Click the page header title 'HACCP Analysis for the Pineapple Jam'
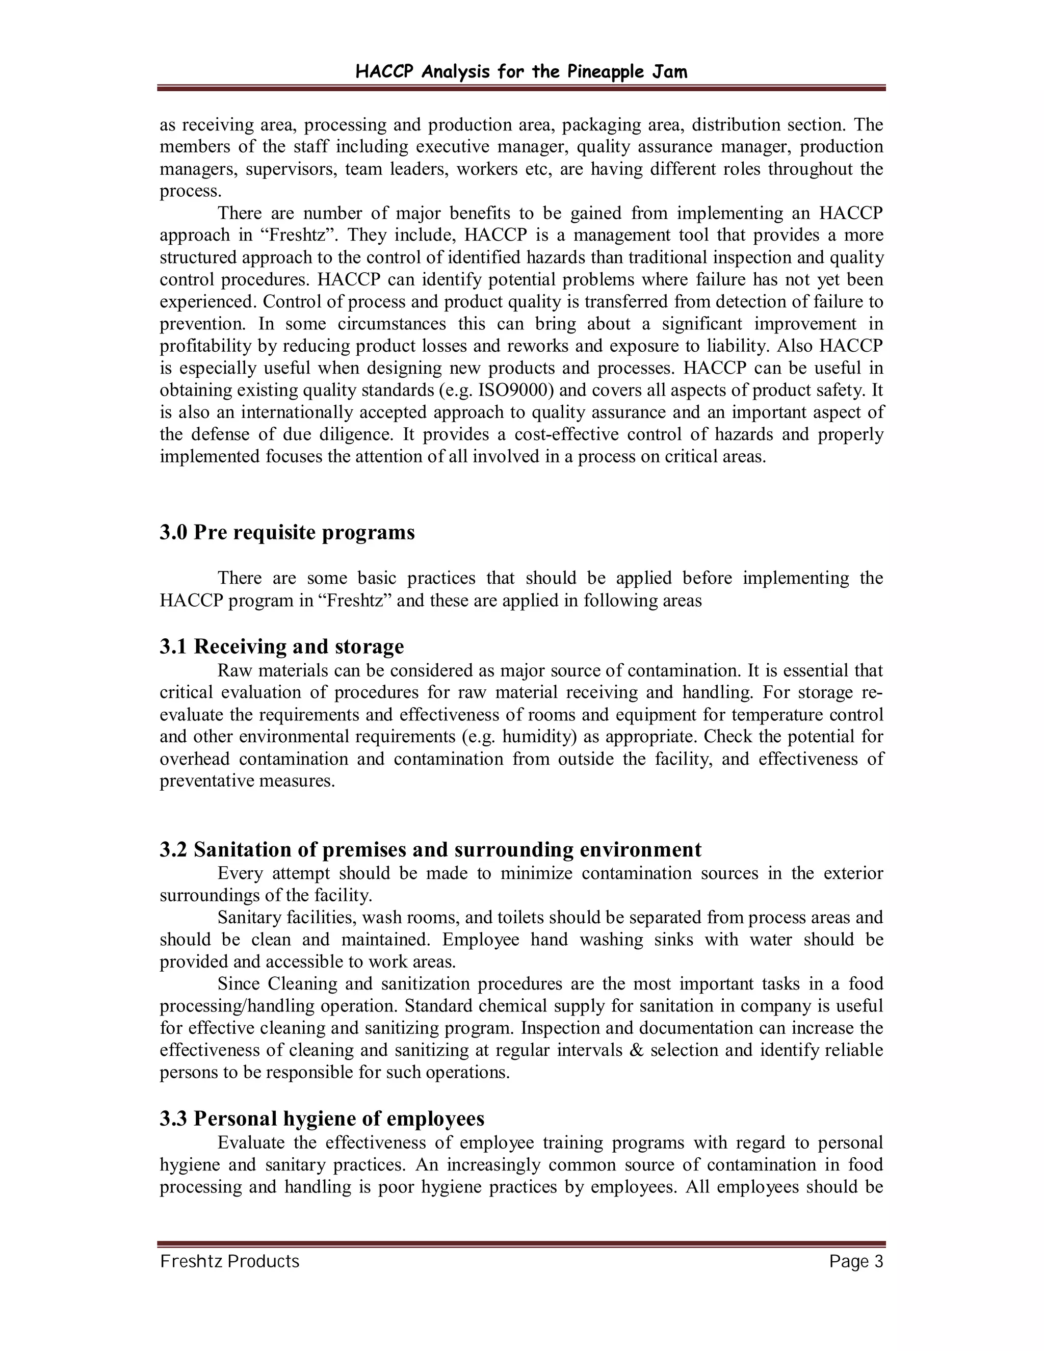pyautogui.click(x=521, y=72)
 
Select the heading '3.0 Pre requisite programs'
pyautogui.click(x=287, y=533)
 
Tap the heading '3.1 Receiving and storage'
pyautogui.click(x=281, y=646)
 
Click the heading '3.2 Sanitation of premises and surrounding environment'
pyautogui.click(x=430, y=849)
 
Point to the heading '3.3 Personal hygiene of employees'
pyautogui.click(x=322, y=1119)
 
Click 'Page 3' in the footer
pyautogui.click(x=856, y=1262)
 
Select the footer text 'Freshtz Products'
pyautogui.click(x=229, y=1262)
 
